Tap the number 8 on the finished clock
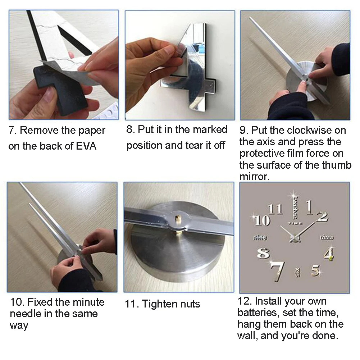tap(263, 254)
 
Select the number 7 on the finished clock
tap(278, 271)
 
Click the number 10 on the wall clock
tap(262, 220)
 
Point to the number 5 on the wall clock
tap(316, 270)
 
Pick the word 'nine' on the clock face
tap(260, 237)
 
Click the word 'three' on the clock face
tap(327, 237)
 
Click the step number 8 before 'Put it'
tap(131, 130)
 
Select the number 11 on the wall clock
tap(275, 209)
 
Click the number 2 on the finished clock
tap(323, 217)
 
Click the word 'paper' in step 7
tap(92, 131)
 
